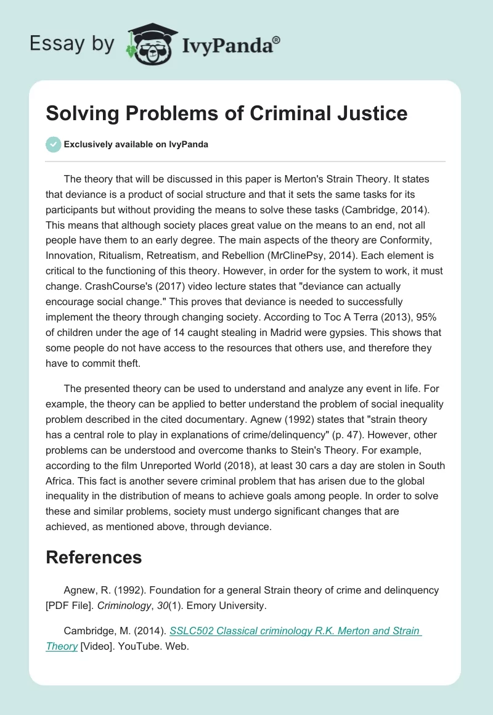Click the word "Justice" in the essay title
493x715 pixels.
tap(375, 113)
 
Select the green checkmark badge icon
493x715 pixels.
tap(53, 144)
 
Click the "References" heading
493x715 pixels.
tap(94, 557)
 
